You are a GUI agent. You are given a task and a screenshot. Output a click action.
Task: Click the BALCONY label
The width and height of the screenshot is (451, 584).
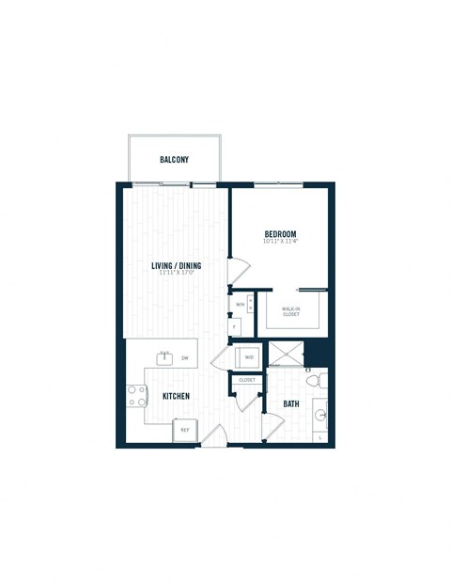(x=174, y=160)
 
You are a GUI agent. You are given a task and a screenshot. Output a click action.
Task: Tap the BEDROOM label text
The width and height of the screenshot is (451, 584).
(x=280, y=234)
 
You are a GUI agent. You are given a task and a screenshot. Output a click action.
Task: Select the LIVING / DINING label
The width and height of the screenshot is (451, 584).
(x=177, y=265)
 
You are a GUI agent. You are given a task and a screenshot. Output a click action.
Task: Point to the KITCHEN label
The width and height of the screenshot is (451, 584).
(x=176, y=396)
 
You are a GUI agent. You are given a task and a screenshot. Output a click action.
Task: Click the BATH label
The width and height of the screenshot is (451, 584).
(x=291, y=404)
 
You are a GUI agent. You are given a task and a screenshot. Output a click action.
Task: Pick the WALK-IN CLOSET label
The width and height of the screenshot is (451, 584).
(x=291, y=311)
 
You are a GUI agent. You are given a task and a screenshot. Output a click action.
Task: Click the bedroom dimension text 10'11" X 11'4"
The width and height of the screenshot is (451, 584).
(x=280, y=243)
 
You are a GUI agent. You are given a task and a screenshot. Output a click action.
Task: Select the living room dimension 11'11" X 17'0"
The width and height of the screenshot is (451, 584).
(x=177, y=274)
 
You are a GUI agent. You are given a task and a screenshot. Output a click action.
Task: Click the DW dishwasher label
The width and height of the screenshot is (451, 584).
(x=185, y=358)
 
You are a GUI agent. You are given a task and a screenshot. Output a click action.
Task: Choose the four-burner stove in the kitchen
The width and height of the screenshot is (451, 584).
(x=132, y=397)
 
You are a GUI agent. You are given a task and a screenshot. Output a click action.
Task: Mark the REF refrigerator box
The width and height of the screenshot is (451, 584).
(x=185, y=431)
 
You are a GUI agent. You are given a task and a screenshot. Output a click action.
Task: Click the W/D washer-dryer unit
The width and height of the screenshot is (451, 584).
(x=249, y=357)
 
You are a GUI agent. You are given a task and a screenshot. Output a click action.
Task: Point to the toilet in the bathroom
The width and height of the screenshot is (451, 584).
(x=319, y=382)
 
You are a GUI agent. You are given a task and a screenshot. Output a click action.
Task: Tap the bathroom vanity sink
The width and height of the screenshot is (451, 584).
(x=320, y=413)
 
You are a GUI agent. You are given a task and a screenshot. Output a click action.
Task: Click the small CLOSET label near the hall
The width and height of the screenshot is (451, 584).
(x=247, y=380)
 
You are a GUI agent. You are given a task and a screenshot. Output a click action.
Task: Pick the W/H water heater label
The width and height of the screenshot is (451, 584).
(x=241, y=305)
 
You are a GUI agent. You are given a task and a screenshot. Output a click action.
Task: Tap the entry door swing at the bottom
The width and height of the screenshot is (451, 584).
(x=214, y=434)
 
